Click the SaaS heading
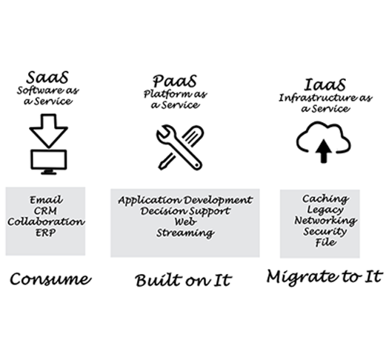click(x=47, y=77)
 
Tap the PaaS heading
click(x=175, y=81)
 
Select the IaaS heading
click(x=325, y=84)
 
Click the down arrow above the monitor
click(x=48, y=131)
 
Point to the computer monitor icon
click(x=49, y=161)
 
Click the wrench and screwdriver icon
click(x=180, y=147)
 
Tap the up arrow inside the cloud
click(x=324, y=151)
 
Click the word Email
click(x=46, y=199)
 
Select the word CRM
click(x=45, y=211)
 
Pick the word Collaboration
click(x=46, y=221)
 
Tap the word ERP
click(x=45, y=233)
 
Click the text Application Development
click(x=185, y=200)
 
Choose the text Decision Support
click(x=185, y=211)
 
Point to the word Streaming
click(x=185, y=233)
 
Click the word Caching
click(x=325, y=199)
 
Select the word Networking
click(x=325, y=221)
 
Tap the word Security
click(x=325, y=232)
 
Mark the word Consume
click(x=50, y=279)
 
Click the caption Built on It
click(x=183, y=280)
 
